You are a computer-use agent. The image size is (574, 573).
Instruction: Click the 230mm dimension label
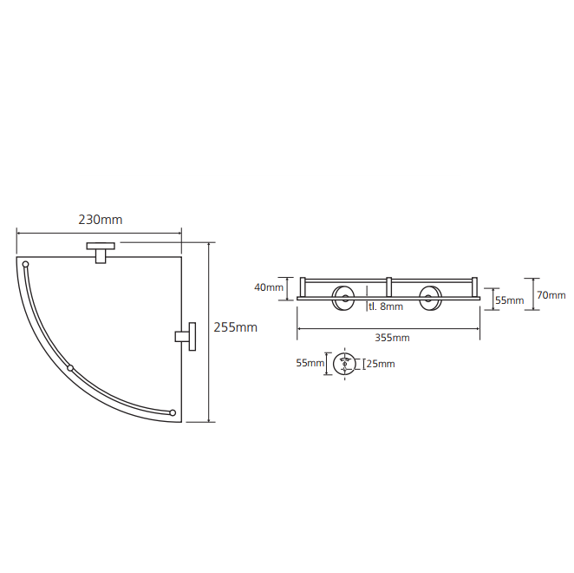click(101, 220)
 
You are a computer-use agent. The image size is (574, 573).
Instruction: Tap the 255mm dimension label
click(235, 327)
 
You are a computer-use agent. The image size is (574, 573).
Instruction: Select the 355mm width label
click(392, 338)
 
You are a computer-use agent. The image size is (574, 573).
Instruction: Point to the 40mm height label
click(269, 287)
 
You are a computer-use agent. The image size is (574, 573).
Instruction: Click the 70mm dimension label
click(551, 295)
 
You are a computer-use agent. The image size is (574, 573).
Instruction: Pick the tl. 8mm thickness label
click(386, 306)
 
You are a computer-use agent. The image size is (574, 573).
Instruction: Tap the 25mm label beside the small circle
click(381, 364)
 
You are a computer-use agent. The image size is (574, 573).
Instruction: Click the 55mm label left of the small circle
click(310, 363)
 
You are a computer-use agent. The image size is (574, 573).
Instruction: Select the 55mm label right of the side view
click(510, 300)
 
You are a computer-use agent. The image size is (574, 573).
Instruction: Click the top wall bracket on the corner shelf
click(101, 253)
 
